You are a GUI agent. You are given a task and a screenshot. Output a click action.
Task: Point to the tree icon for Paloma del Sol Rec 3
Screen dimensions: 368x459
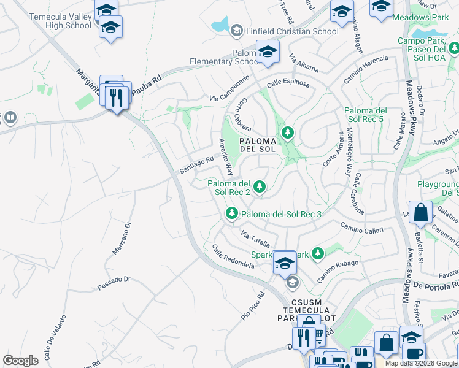(231, 213)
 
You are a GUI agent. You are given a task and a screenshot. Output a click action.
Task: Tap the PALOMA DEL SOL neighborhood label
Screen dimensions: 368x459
(261, 145)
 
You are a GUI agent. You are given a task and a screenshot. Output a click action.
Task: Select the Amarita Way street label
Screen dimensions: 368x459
(226, 157)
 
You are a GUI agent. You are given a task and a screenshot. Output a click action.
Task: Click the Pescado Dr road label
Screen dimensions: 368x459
(114, 283)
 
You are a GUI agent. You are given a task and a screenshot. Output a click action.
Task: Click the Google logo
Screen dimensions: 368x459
(20, 360)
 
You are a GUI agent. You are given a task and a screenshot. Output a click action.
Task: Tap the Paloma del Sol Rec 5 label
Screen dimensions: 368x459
(364, 114)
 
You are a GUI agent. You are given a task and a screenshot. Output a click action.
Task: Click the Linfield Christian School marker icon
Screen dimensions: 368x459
(237, 31)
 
